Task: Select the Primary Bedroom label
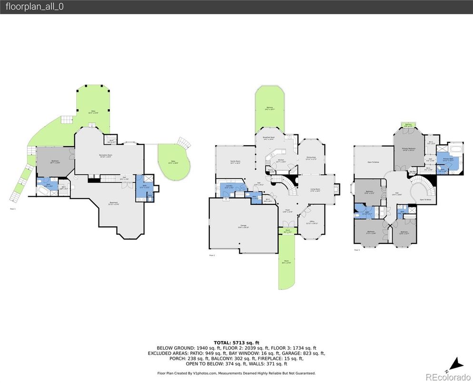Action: click(409, 149)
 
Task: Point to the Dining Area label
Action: click(311, 158)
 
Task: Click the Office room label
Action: click(312, 222)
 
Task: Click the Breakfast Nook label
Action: click(271, 138)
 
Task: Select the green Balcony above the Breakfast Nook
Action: click(269, 109)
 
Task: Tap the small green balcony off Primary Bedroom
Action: click(408, 125)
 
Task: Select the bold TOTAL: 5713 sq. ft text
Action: click(236, 343)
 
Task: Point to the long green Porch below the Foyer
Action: click(287, 262)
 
